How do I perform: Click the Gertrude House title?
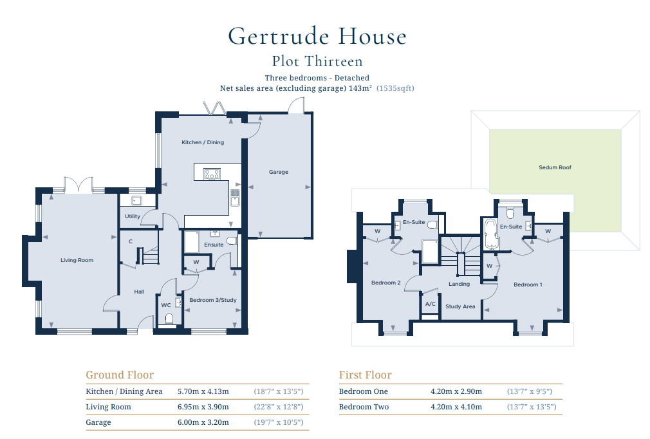click(x=317, y=36)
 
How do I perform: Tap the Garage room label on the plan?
click(x=279, y=172)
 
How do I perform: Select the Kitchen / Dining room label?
click(x=203, y=142)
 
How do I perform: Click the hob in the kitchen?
click(x=212, y=174)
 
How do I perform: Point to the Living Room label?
click(x=77, y=260)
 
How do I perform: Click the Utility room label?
click(x=133, y=216)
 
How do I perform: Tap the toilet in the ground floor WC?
click(x=169, y=319)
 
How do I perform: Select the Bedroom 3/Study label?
click(x=213, y=300)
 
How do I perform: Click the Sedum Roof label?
click(x=555, y=167)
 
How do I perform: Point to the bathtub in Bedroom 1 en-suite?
click(x=491, y=235)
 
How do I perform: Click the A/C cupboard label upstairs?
click(x=431, y=303)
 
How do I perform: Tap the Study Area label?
click(x=460, y=306)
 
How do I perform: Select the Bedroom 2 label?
click(x=386, y=283)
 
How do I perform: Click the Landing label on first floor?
click(x=460, y=284)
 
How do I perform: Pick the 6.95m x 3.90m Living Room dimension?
click(x=203, y=407)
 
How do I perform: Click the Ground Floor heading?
click(x=120, y=375)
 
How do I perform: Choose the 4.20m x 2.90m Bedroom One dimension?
click(x=456, y=391)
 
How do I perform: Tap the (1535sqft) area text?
click(x=396, y=88)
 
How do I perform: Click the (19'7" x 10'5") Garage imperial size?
click(x=279, y=422)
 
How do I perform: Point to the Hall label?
click(x=139, y=292)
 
